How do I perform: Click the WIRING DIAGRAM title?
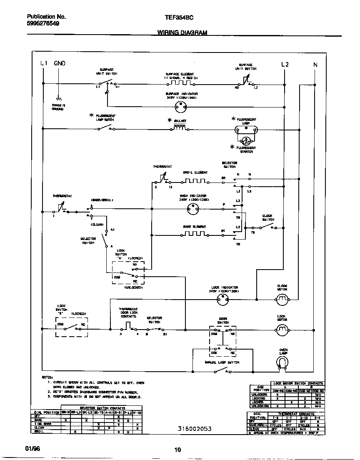[182, 32]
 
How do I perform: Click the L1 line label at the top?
[43, 64]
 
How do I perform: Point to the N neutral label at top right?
[315, 65]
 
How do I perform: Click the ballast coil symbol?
[180, 128]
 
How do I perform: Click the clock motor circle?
[282, 298]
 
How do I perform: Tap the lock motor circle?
[282, 330]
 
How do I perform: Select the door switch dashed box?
[222, 340]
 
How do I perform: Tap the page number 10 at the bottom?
[177, 449]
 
